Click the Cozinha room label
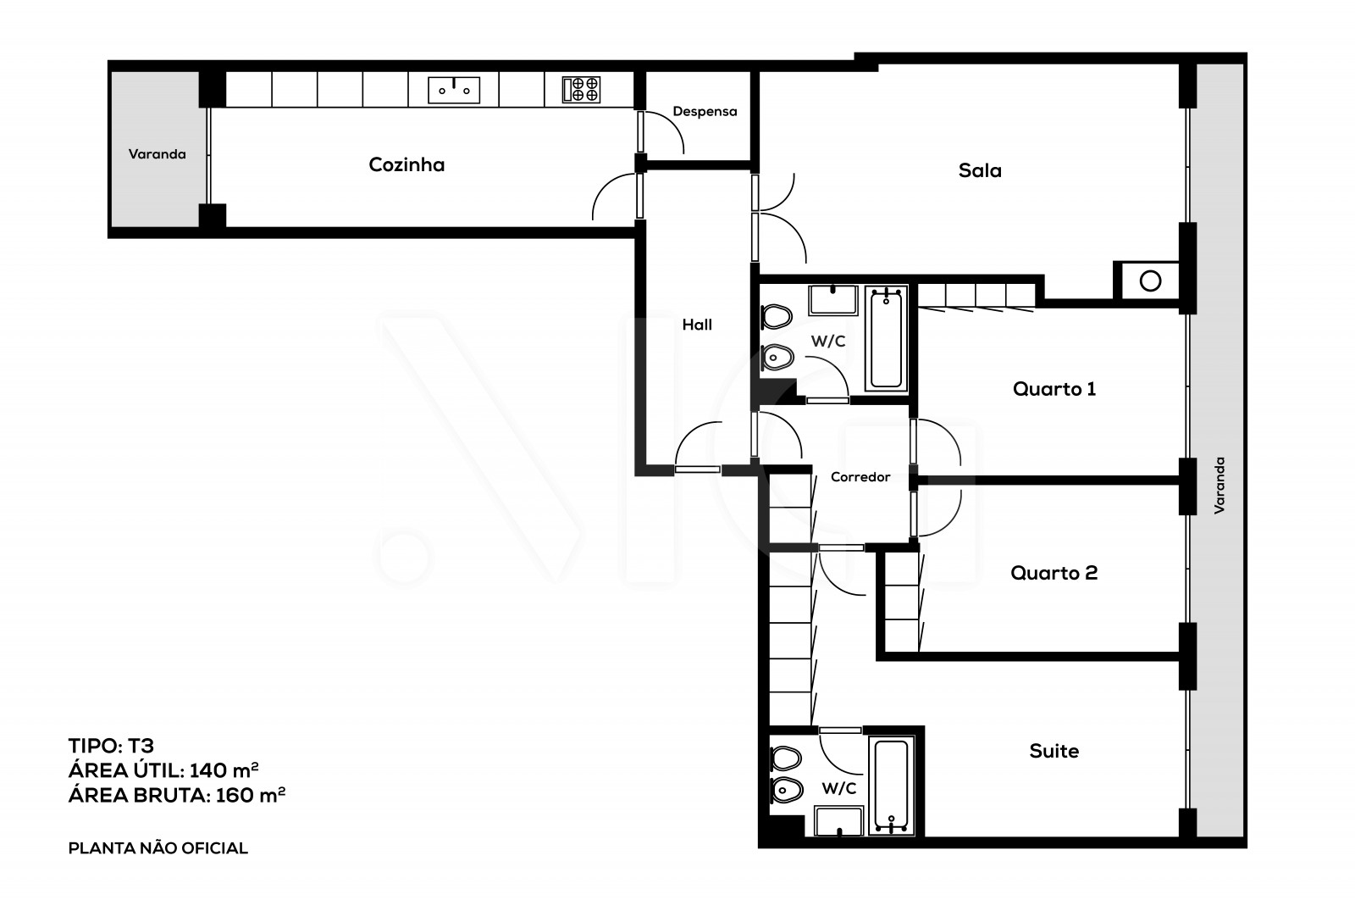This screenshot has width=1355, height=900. (x=406, y=164)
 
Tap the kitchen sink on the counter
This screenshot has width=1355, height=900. (x=454, y=89)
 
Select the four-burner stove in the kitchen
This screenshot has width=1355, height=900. (x=582, y=89)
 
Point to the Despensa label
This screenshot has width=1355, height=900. (x=705, y=111)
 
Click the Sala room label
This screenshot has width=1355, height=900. (x=980, y=170)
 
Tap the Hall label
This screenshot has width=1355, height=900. (x=697, y=324)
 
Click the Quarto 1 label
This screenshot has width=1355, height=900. (x=1054, y=389)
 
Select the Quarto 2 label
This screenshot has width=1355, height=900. (x=1054, y=573)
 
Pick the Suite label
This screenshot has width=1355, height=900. (x=1054, y=751)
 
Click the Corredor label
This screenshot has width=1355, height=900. (x=860, y=477)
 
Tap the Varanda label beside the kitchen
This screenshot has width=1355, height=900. (x=157, y=154)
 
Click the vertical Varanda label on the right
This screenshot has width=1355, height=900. (x=1219, y=485)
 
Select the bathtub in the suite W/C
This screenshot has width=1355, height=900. (x=888, y=786)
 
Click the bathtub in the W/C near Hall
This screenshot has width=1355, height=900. (x=886, y=338)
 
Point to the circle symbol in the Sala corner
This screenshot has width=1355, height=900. (x=1150, y=281)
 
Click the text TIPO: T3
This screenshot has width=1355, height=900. (x=111, y=746)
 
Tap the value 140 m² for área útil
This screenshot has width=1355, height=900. (x=224, y=770)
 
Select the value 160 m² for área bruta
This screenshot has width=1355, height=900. (x=250, y=795)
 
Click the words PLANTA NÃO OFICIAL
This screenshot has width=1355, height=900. (x=158, y=848)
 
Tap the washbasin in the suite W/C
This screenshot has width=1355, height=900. (x=838, y=821)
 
